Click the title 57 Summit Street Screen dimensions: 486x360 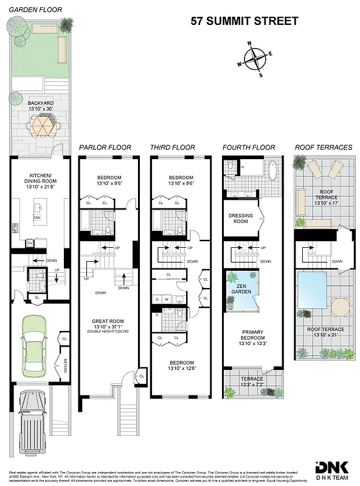244,21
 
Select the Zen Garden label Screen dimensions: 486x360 241,288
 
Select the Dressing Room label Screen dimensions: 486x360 241,218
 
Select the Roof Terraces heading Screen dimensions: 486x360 323,148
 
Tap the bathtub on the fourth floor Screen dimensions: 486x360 272,168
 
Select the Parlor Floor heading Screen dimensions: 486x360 105,148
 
